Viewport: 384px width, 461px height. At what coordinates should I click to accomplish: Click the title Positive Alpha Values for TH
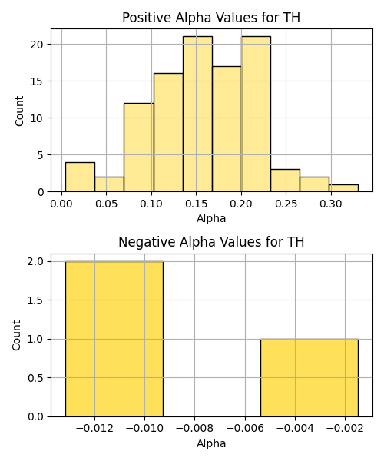[x=211, y=18]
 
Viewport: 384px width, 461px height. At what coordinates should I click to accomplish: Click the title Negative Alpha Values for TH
[x=211, y=242]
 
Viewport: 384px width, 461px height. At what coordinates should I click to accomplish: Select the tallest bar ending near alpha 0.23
[x=256, y=114]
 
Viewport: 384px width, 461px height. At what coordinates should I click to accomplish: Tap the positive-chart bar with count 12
[x=139, y=148]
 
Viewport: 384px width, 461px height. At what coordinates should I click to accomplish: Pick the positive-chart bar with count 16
[x=168, y=133]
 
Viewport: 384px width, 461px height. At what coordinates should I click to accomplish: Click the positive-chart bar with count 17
[x=227, y=129]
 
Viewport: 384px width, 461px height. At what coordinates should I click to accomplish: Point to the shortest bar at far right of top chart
[x=344, y=188]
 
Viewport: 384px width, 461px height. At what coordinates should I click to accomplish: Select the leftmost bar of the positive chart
[x=80, y=177]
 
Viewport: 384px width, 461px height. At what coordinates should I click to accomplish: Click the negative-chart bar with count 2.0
[x=114, y=339]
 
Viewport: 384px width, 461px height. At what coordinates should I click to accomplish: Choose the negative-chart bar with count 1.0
[x=310, y=378]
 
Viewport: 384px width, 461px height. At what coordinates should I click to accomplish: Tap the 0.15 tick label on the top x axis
[x=197, y=204]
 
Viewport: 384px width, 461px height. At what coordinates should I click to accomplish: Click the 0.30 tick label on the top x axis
[x=331, y=204]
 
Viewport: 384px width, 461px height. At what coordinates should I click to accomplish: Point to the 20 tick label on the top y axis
[x=37, y=45]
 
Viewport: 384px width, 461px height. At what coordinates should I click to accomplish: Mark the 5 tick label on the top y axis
[x=40, y=155]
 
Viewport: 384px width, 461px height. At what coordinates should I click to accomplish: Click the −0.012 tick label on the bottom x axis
[x=94, y=429]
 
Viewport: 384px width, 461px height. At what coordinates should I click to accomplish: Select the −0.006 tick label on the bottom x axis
[x=245, y=429]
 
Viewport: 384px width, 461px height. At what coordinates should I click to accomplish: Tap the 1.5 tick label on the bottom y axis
[x=35, y=300]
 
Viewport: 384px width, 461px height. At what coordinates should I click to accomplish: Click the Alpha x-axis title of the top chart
[x=211, y=218]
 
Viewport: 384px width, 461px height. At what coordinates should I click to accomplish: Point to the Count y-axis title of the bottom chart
[x=17, y=335]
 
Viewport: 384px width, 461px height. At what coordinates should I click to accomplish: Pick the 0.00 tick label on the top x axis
[x=61, y=204]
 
